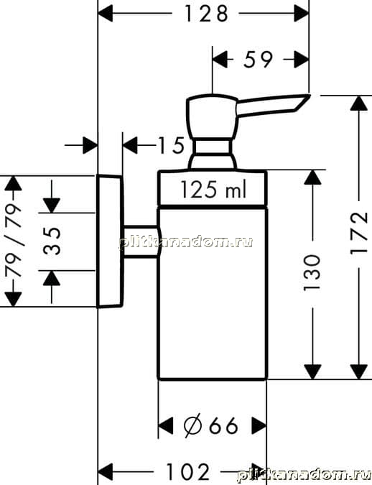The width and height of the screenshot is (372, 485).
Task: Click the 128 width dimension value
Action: pos(206,14)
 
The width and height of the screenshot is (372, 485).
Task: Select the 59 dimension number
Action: pos(258,59)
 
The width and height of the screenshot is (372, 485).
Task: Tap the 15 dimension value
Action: pos(171,145)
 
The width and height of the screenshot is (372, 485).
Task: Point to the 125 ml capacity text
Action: pos(213,189)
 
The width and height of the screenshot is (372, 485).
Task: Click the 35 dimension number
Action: pos(52,241)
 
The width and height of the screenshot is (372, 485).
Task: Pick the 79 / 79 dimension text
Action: pos(14,241)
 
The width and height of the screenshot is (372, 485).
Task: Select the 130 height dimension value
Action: pos(312,273)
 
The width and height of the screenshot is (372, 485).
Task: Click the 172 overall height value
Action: pos(358,234)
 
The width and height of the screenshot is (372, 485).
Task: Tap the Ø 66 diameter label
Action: pos(210,425)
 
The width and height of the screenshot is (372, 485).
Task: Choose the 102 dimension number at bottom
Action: pos(187,471)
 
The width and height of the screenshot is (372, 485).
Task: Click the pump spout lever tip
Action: pos(309,96)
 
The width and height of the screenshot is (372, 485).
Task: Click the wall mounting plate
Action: pos(110,241)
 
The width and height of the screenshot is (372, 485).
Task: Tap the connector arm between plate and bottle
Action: pos(141,241)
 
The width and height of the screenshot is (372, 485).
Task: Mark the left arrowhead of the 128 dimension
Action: pos(105,14)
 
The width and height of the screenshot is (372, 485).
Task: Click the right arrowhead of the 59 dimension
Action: pos(302,59)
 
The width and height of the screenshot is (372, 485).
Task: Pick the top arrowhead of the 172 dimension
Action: pos(358,103)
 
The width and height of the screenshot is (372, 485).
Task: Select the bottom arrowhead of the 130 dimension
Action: pos(312,371)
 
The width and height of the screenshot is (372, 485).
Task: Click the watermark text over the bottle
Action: pos(186,242)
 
